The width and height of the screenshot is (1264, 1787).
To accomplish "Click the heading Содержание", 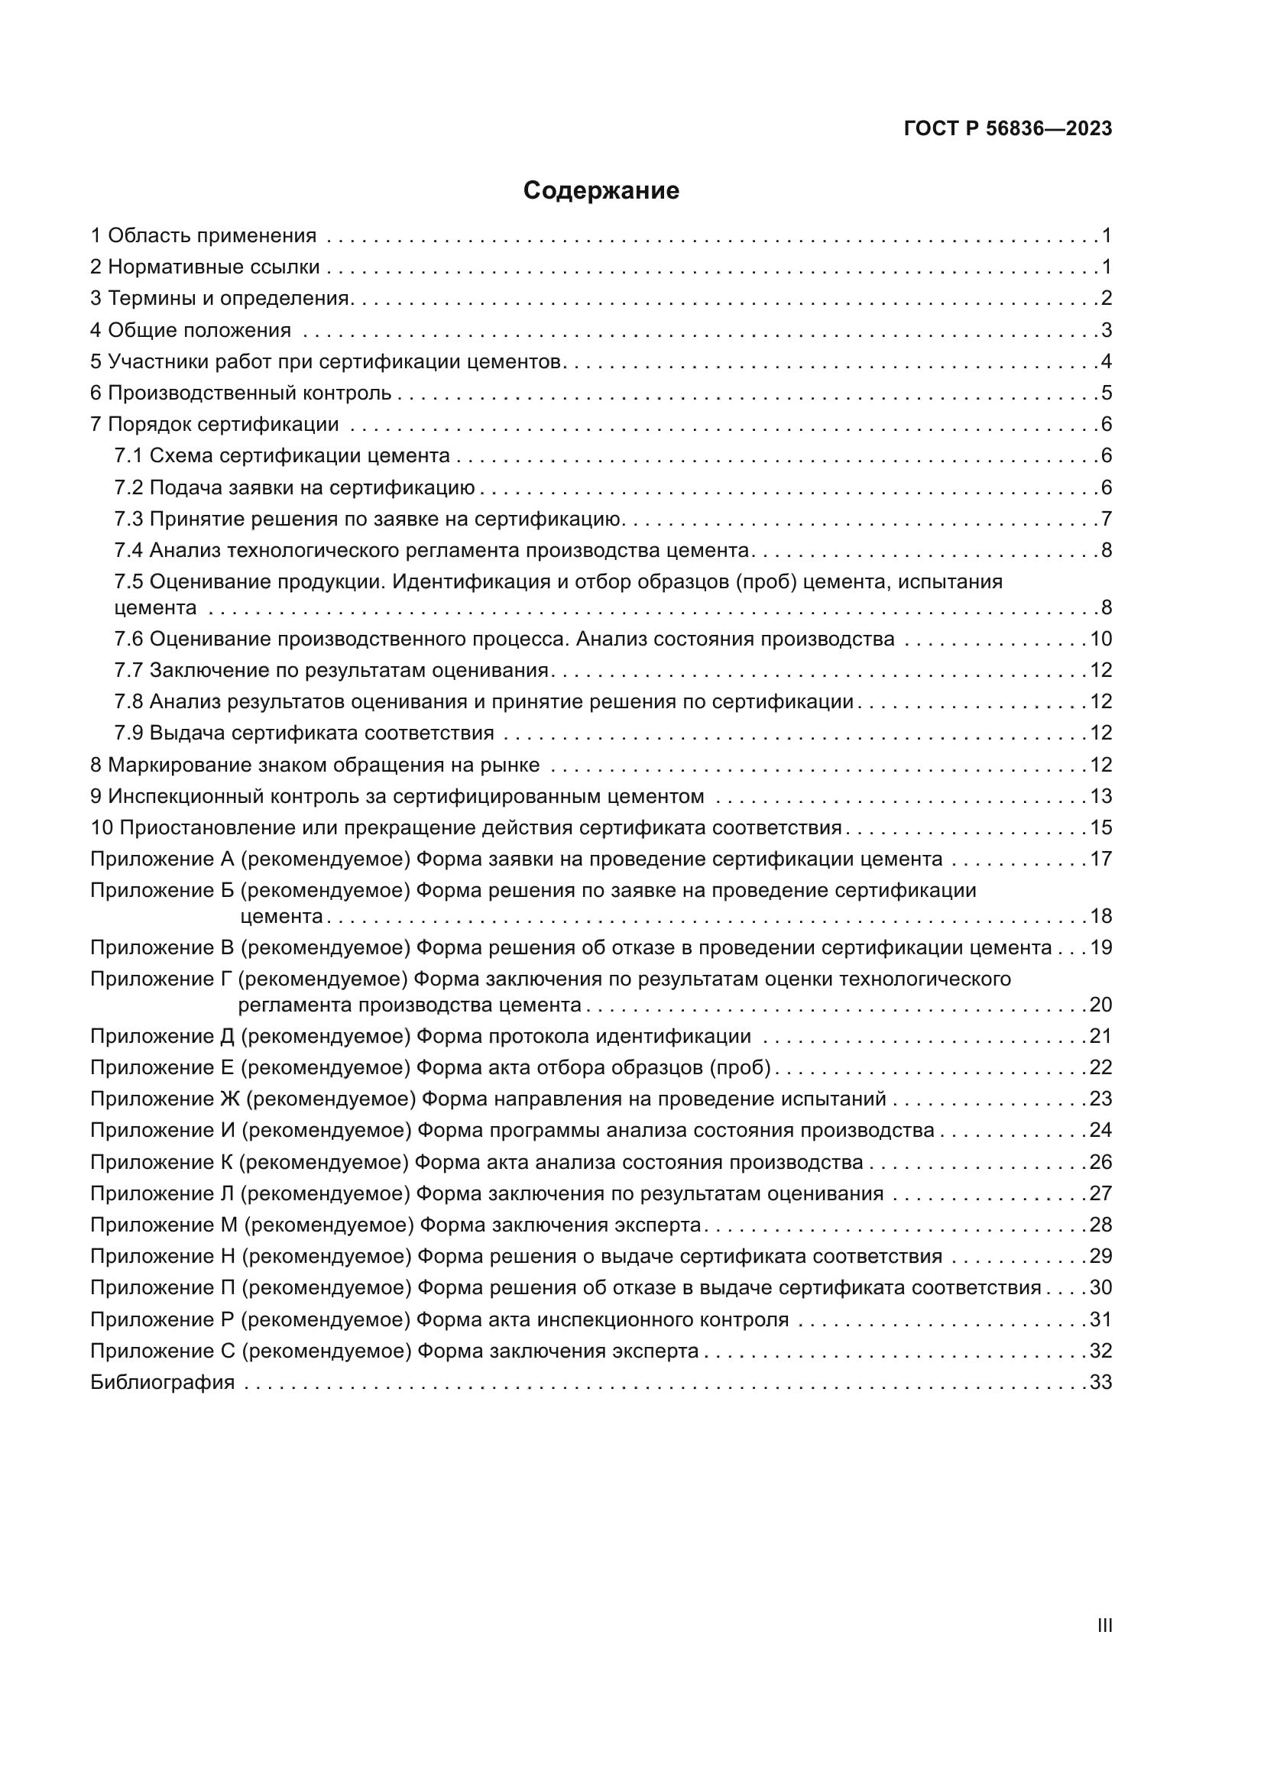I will click(x=601, y=191).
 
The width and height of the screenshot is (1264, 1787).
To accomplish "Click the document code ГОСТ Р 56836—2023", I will click(x=1007, y=129).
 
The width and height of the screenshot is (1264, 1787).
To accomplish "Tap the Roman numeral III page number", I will click(x=1104, y=1626).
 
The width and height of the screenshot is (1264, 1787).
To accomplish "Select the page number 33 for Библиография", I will click(x=1100, y=1382).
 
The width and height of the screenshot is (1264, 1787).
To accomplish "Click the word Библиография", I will click(x=162, y=1382).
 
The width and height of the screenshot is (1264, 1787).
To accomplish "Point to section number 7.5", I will click(x=128, y=581).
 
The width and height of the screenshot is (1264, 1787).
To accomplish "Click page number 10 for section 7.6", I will click(x=1100, y=639).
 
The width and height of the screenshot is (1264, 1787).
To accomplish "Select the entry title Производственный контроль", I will click(x=249, y=393).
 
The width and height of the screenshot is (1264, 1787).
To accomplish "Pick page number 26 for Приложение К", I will click(x=1100, y=1162).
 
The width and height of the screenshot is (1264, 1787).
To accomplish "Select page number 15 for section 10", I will click(x=1100, y=827).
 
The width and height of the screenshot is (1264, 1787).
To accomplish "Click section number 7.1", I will click(x=128, y=455).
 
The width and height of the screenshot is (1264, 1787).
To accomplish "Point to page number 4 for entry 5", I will click(x=1106, y=361).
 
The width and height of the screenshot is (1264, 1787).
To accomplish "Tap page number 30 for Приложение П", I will click(x=1100, y=1287).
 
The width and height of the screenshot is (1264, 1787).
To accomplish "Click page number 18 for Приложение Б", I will click(x=1100, y=916).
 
